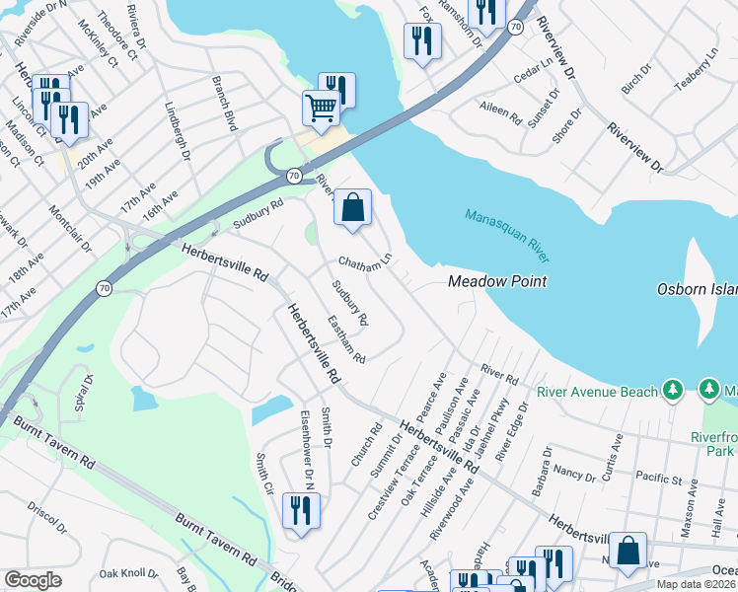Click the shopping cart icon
pyautogui.click(x=321, y=108)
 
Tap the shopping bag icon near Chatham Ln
pyautogui.click(x=352, y=207)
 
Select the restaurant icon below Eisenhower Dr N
pyautogui.click(x=300, y=510)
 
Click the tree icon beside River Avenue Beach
pyautogui.click(x=674, y=391)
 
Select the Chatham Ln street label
pyautogui.click(x=365, y=262)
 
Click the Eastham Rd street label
pyautogui.click(x=346, y=338)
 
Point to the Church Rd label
pyautogui.click(x=366, y=445)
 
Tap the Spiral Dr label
pyautogui.click(x=82, y=392)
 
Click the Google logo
pyautogui.click(x=33, y=580)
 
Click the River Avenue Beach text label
pyautogui.click(x=597, y=392)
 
